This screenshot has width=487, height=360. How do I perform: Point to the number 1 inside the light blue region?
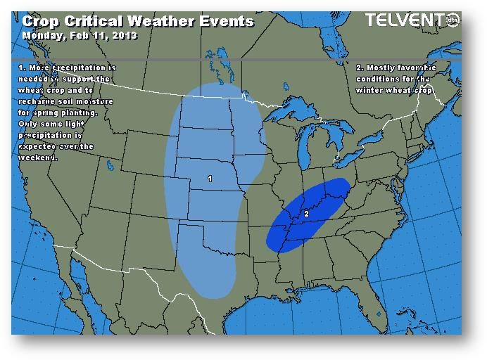(210, 179)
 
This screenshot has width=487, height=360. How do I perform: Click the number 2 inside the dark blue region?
(306, 212)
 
